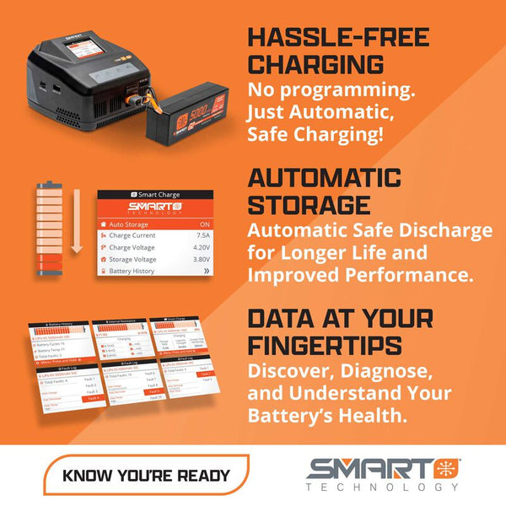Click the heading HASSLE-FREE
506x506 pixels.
click(x=338, y=37)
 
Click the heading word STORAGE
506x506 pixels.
click(x=309, y=205)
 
